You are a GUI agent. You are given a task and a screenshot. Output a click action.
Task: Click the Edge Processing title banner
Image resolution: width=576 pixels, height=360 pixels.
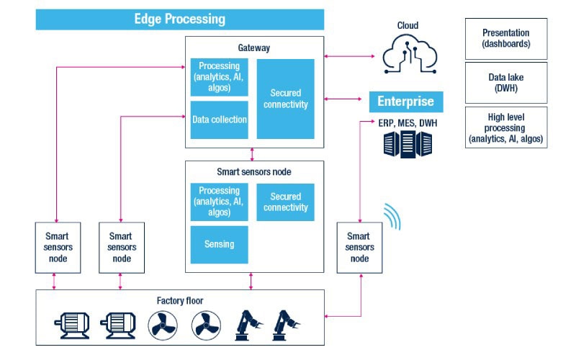[179, 19]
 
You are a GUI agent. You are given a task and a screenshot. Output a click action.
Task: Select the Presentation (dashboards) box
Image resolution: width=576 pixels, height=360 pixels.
[505, 38]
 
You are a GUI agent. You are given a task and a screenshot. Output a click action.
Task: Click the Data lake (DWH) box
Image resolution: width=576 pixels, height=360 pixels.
[505, 81]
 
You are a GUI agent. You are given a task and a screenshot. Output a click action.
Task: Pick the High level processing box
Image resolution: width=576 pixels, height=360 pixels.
[505, 127]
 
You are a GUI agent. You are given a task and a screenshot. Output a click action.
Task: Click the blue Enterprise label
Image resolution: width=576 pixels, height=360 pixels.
[405, 102]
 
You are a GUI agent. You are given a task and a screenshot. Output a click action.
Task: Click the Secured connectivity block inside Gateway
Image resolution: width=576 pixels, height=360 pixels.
[286, 99]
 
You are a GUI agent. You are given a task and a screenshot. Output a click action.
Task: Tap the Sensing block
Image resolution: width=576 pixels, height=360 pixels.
[219, 244]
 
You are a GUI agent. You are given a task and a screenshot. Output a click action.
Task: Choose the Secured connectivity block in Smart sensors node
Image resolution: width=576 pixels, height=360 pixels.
[285, 202]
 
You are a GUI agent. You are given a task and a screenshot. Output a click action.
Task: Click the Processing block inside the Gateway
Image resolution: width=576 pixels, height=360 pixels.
[220, 78]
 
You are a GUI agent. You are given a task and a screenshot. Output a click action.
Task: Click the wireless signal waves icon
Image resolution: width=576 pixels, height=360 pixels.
[392, 215]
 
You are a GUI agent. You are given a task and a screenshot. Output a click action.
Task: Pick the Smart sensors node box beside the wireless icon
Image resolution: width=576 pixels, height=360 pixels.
[359, 247]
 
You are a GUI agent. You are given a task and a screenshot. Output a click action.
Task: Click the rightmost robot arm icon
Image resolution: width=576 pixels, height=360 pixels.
[288, 325]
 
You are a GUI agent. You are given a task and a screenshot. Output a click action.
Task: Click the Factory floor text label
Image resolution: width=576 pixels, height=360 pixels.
[180, 299]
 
